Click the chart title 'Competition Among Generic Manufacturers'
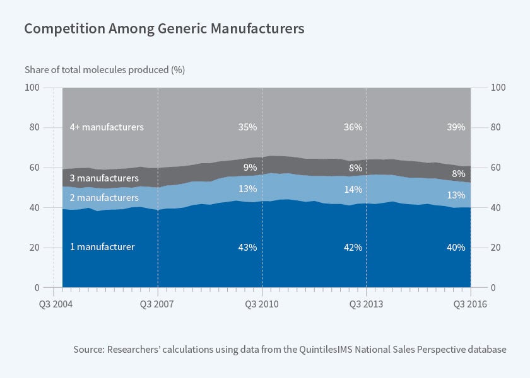164,28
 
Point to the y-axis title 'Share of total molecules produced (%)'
105,69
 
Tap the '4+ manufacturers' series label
107,127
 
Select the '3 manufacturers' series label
104,178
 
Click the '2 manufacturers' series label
104,198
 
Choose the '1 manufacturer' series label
102,247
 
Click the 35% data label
247,127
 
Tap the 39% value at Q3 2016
456,127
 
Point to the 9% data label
250,168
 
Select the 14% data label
353,190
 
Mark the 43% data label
247,248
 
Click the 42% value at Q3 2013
353,248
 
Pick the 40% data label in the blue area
456,248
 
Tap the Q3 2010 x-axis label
261,303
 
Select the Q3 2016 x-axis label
471,303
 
